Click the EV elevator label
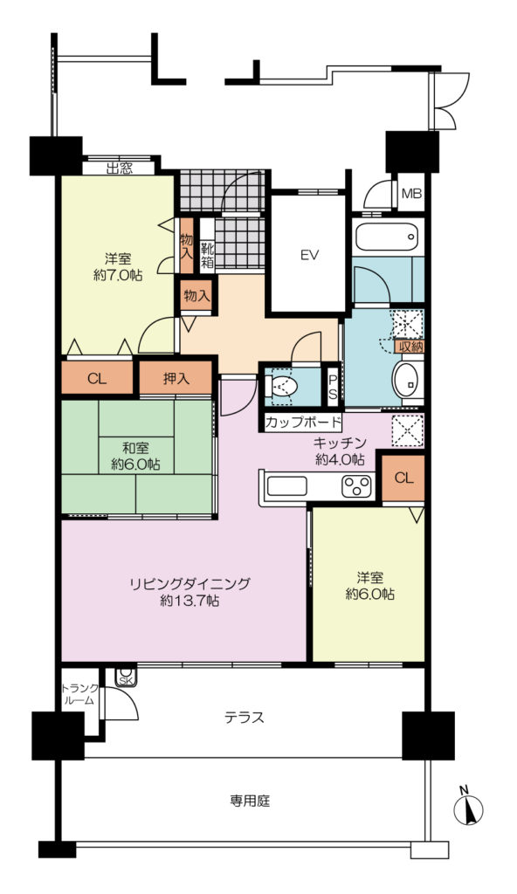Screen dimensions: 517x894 tap(309, 255)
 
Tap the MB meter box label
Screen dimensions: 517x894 tap(410, 193)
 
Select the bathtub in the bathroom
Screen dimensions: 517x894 tap(387, 236)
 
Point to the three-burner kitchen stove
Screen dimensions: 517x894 tap(357, 486)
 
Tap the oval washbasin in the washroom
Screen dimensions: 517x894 tap(407, 381)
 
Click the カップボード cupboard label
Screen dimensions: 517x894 tap(302, 423)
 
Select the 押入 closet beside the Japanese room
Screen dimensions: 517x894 tap(176, 378)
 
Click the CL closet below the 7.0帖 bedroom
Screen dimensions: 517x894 tap(97, 378)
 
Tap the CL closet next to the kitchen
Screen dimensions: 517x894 tap(403, 478)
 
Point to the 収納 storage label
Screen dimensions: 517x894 tap(410, 346)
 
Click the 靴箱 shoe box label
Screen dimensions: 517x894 tap(207, 255)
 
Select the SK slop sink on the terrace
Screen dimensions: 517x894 tap(126, 677)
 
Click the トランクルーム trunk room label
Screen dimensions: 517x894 tap(79, 694)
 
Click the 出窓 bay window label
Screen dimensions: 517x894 tap(120, 168)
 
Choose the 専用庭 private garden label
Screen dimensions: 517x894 tap(250, 801)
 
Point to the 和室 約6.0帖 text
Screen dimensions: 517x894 tap(135, 456)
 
